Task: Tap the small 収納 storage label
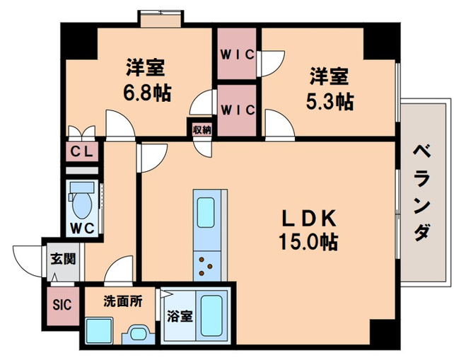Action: [x=202, y=130]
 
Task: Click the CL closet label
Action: [x=84, y=152]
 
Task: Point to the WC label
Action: [x=83, y=228]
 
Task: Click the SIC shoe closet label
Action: [x=61, y=306]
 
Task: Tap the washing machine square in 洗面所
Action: [x=99, y=330]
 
